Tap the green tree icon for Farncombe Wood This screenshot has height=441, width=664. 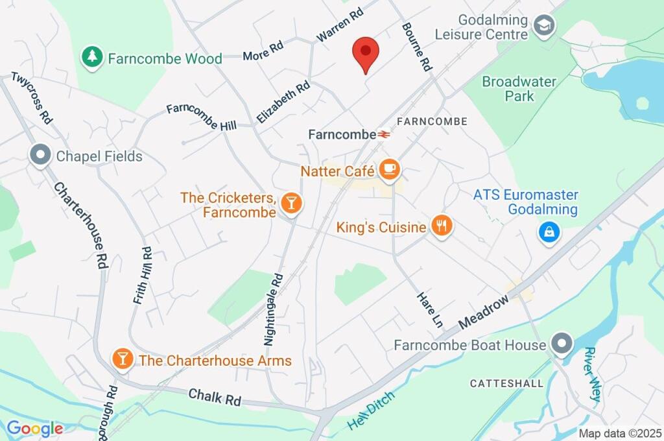(x=93, y=57)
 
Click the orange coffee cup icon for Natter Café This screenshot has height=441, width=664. (x=389, y=171)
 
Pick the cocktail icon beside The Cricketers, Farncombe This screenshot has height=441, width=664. (x=292, y=204)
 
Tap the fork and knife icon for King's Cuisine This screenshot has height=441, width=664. (x=442, y=226)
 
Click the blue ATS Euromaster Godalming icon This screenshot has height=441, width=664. (x=549, y=232)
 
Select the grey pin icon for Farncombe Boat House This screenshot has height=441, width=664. (x=561, y=342)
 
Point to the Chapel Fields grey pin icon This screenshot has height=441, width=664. (x=40, y=156)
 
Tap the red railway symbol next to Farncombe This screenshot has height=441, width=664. (x=385, y=134)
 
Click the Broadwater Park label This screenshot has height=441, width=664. (x=519, y=89)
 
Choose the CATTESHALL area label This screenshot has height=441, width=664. (x=506, y=383)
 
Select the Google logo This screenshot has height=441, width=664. (x=34, y=428)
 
